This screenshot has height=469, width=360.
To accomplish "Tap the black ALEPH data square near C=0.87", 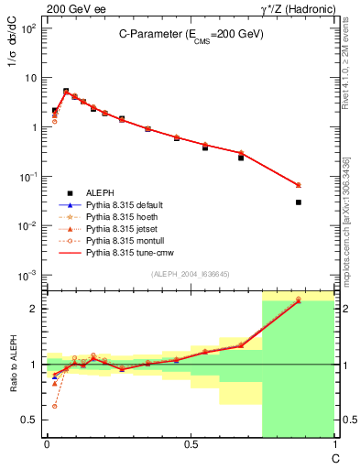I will point(299,202).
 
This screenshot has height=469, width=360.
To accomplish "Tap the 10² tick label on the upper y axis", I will point(27,28).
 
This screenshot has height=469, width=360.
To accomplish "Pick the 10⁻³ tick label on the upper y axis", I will point(27,275).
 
